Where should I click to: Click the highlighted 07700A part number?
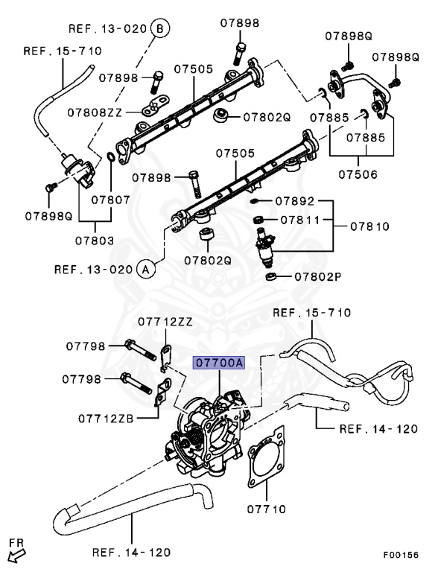point(219,363)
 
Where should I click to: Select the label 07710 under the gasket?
point(265,509)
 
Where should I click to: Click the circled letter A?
point(145,268)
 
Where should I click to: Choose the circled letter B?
point(159,29)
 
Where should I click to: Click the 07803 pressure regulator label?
point(94,241)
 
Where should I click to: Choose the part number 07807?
point(111,200)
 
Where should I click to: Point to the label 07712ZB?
point(107,419)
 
